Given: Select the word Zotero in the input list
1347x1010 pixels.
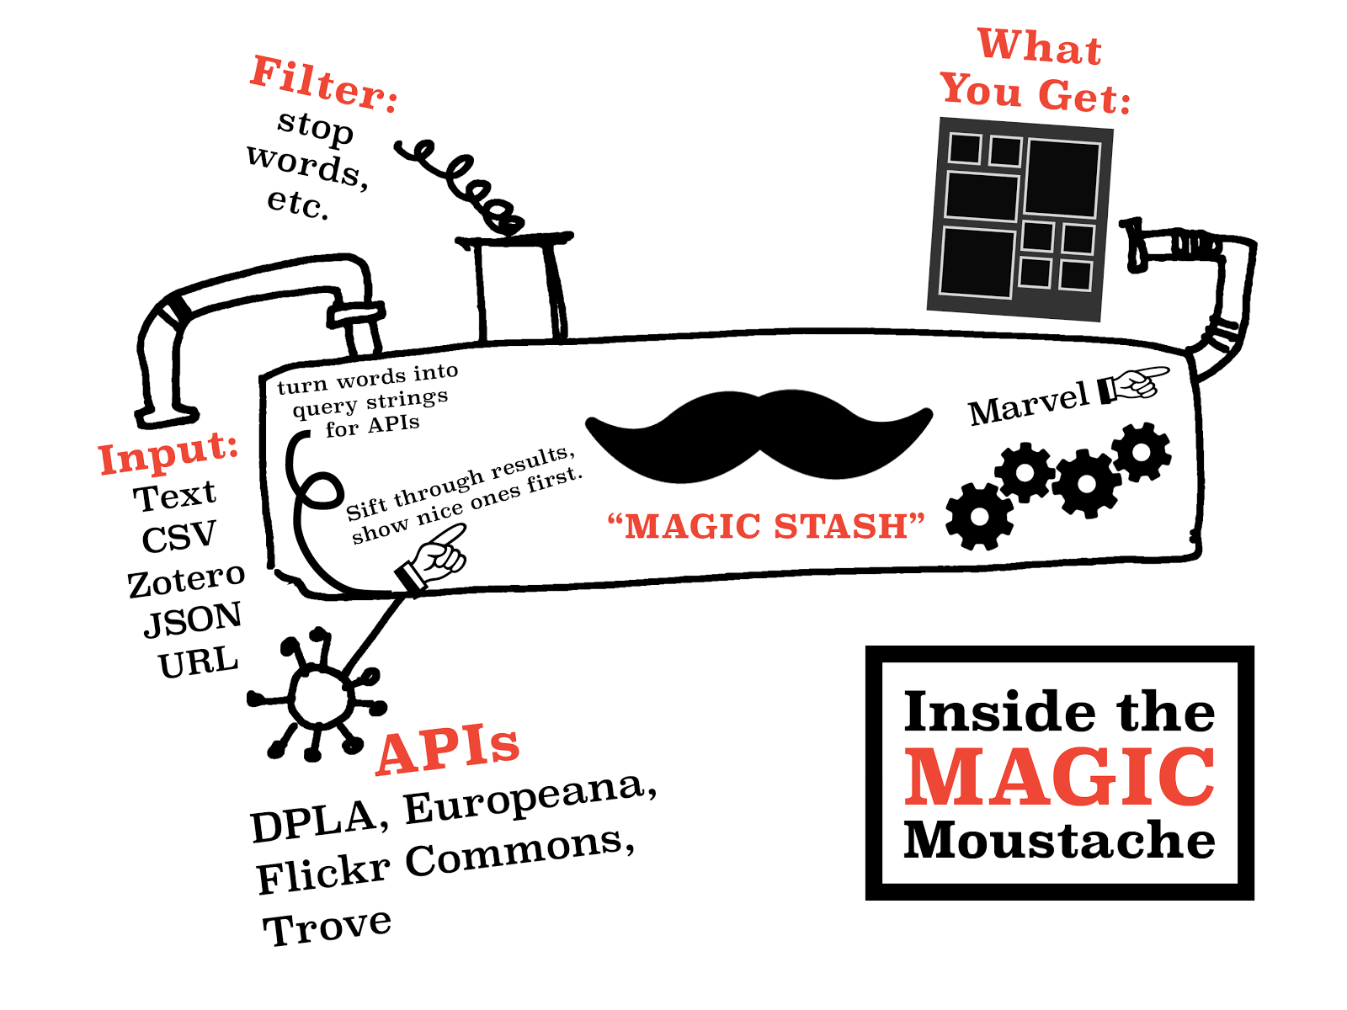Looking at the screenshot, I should coord(186,580).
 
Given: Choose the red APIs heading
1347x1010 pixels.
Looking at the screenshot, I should coord(448,748).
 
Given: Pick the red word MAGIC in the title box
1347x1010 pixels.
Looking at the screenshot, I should coord(1060,777).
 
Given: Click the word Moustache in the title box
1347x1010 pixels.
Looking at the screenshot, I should coord(1060,840).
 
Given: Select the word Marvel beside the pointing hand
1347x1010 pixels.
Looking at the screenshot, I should coord(1029,405).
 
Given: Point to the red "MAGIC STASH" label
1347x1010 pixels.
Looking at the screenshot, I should coord(766,527).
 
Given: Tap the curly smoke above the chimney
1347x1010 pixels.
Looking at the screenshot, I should coord(461,186).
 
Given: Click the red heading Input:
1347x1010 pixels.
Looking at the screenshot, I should coord(168,454).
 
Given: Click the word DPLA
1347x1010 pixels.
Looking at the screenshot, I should coord(313,821).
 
